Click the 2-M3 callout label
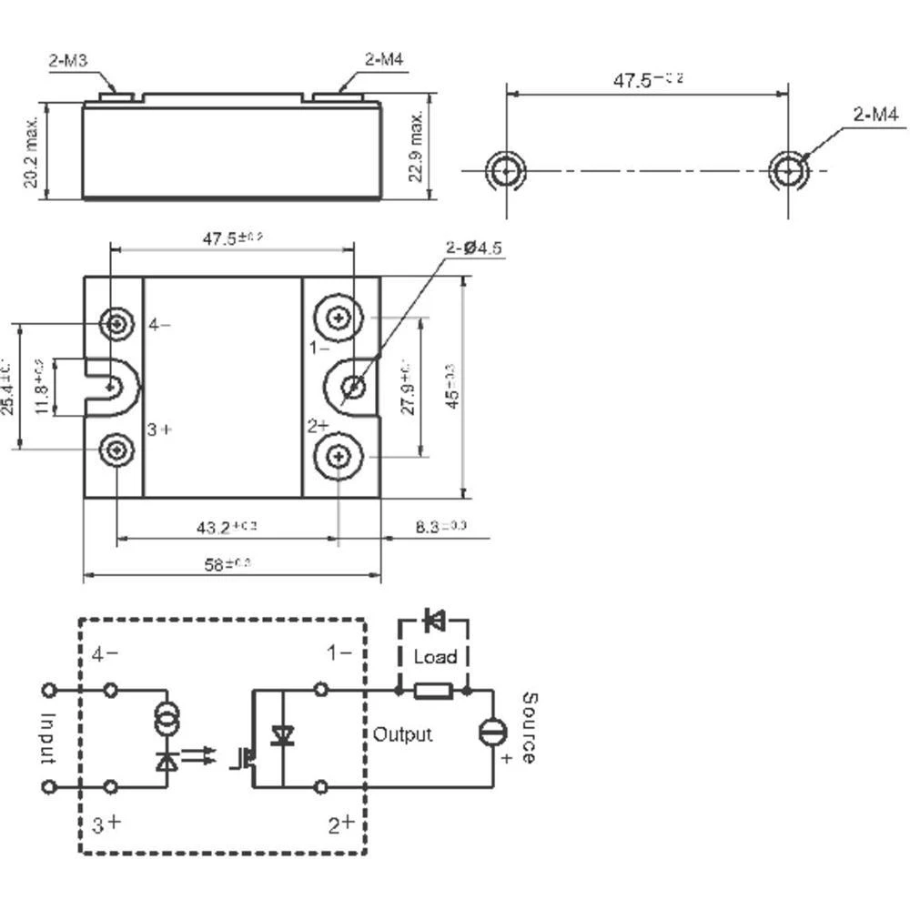pyautogui.click(x=67, y=62)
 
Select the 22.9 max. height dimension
pyautogui.click(x=418, y=147)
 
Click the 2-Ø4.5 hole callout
pyautogui.click(x=473, y=248)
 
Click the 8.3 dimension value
pyautogui.click(x=440, y=527)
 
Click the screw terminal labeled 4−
pyautogui.click(x=116, y=323)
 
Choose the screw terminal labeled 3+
pyautogui.click(x=116, y=449)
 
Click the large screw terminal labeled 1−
pyautogui.click(x=339, y=318)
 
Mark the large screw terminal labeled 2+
pyautogui.click(x=339, y=455)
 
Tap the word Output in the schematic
pyautogui.click(x=402, y=734)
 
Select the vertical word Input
pyautogui.click(x=49, y=737)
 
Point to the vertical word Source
pyautogui.click(x=530, y=728)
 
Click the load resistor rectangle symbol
pyautogui.click(x=433, y=692)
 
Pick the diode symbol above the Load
pyautogui.click(x=434, y=622)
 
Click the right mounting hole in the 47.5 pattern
pyautogui.click(x=788, y=170)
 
